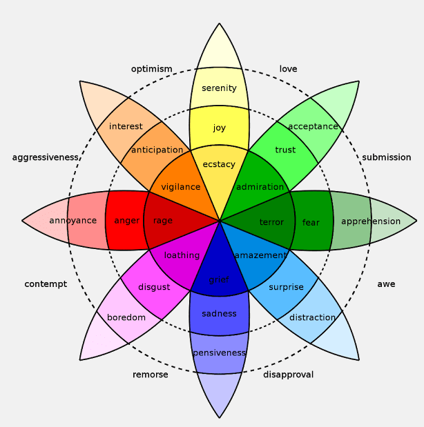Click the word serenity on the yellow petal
[219, 88]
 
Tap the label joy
[219, 128]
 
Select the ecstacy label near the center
[219, 164]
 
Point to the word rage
[163, 221]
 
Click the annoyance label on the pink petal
[73, 221]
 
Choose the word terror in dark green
[271, 222]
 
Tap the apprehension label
[371, 221]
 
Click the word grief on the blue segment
[219, 280]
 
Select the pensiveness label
[219, 352]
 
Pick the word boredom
[126, 317]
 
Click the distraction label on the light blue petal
[312, 317]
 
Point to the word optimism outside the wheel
[151, 69]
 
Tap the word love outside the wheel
[288, 69]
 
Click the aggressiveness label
[46, 157]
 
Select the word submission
[386, 157]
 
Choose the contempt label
[46, 284]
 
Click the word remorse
[150, 375]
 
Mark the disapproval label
[288, 375]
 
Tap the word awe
[386, 284]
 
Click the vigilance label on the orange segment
[180, 187]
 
